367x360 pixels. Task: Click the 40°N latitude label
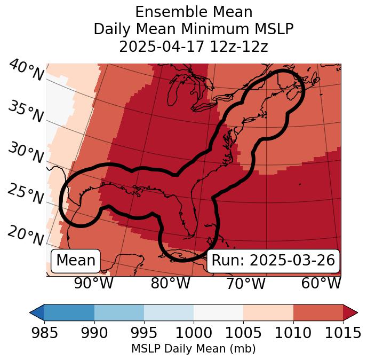26,71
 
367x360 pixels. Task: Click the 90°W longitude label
94,284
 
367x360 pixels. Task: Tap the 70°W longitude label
246,284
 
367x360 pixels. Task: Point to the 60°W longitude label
321,284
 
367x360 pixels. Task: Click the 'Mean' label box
76,261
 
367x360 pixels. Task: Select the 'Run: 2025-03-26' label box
273,261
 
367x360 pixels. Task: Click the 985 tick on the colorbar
44,333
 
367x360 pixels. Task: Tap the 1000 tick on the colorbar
194,333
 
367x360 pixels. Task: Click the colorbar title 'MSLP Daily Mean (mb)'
193,349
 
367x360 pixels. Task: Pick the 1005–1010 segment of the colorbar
268,312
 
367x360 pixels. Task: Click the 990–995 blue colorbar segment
119,312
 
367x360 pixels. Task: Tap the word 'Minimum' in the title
224,29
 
